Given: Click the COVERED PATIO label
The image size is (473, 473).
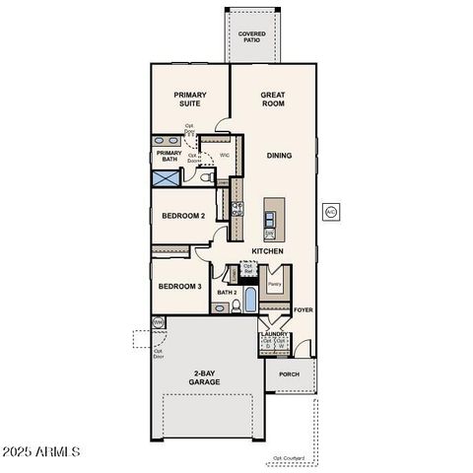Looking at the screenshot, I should [251, 37].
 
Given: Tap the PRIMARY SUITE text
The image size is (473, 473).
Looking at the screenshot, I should [190, 100].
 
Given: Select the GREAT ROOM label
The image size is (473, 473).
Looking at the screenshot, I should [273, 100].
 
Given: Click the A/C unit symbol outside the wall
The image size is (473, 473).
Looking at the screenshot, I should [331, 211].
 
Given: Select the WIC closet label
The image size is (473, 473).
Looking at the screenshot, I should [225, 155].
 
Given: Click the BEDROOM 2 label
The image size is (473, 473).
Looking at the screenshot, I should [182, 217].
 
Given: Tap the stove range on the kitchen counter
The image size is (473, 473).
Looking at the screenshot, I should [236, 208].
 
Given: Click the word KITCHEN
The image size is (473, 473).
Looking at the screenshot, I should [267, 252].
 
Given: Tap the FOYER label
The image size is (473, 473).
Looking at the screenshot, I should [303, 309].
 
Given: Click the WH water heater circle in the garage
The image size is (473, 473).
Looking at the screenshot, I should [159, 322].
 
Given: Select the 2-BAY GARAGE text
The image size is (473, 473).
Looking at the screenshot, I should [204, 377].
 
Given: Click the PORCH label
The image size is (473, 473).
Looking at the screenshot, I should [289, 374].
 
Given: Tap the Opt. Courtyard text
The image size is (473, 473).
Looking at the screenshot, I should [289, 458].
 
